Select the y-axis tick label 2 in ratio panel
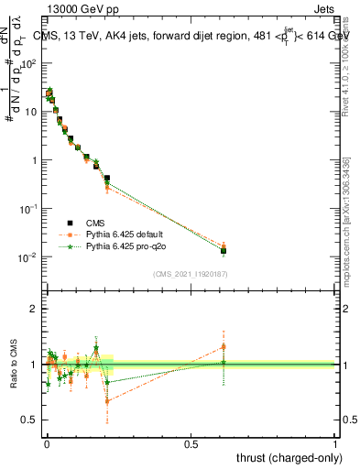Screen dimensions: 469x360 tap(33, 309)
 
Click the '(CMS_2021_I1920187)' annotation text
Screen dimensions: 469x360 tap(191, 273)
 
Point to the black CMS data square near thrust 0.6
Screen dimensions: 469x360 tap(224, 250)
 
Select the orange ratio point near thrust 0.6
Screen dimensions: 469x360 tap(224, 346)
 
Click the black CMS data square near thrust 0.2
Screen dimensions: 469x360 tap(107, 179)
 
